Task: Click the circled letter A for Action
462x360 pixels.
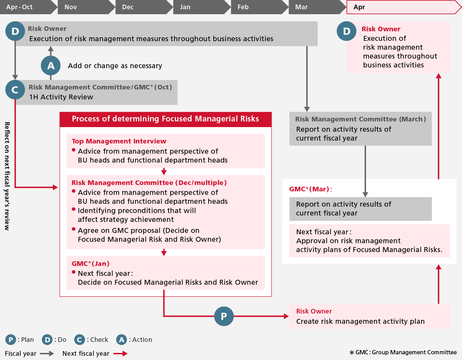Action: (51, 66)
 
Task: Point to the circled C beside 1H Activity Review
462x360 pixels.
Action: (15, 90)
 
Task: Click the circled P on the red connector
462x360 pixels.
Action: (224, 316)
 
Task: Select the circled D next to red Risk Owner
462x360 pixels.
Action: (346, 31)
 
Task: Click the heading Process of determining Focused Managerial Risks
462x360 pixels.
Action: (165, 119)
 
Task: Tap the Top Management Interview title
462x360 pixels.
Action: (119, 141)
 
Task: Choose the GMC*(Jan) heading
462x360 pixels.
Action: (91, 264)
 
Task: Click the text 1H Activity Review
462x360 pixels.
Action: (61, 97)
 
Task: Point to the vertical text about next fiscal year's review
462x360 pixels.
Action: (7, 176)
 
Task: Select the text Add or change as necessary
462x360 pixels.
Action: (115, 66)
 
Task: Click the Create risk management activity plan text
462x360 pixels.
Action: (360, 321)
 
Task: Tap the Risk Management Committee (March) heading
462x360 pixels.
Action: (360, 119)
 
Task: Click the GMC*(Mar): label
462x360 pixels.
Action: (311, 189)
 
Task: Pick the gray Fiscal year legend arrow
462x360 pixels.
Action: (47, 354)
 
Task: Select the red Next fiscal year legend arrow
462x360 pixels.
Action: (120, 354)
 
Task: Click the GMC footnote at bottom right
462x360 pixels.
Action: (403, 352)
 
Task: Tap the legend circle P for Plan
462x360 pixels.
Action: (11, 340)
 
